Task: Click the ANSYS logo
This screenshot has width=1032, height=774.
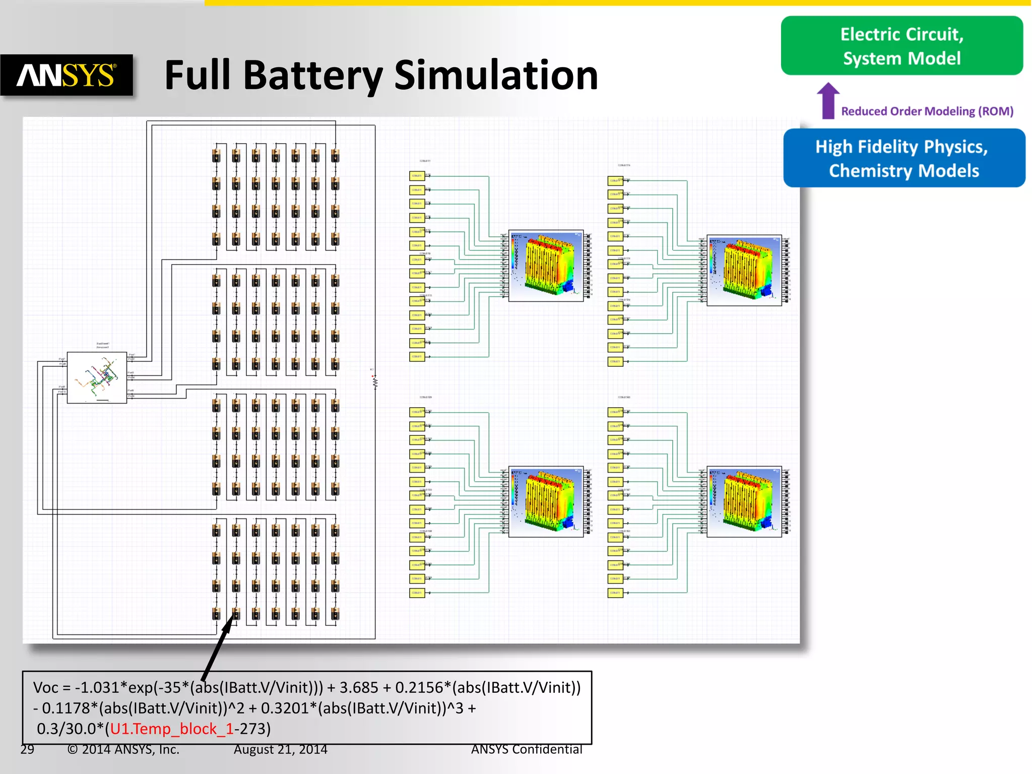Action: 67,75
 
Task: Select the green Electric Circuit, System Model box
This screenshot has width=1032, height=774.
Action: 901,46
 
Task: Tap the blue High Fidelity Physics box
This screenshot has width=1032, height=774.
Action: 904,158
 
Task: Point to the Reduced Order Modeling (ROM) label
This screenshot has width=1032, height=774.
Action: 927,111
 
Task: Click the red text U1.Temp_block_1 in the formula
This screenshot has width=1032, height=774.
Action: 171,729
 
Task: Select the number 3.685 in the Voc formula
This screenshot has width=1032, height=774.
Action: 358,687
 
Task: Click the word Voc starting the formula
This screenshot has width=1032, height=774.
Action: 45,687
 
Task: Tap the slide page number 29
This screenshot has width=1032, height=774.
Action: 27,749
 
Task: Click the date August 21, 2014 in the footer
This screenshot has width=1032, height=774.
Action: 280,749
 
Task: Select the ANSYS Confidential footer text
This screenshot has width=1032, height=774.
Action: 526,749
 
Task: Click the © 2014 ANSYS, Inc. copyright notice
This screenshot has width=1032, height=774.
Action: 123,749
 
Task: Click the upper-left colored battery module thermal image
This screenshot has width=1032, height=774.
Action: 546,266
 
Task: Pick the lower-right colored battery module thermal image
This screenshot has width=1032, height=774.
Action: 744,501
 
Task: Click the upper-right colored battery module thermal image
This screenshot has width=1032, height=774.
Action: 744,270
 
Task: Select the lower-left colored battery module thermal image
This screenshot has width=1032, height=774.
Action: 546,501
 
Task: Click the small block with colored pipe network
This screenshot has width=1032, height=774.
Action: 97,377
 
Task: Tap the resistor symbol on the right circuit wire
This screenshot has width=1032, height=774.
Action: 375,381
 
